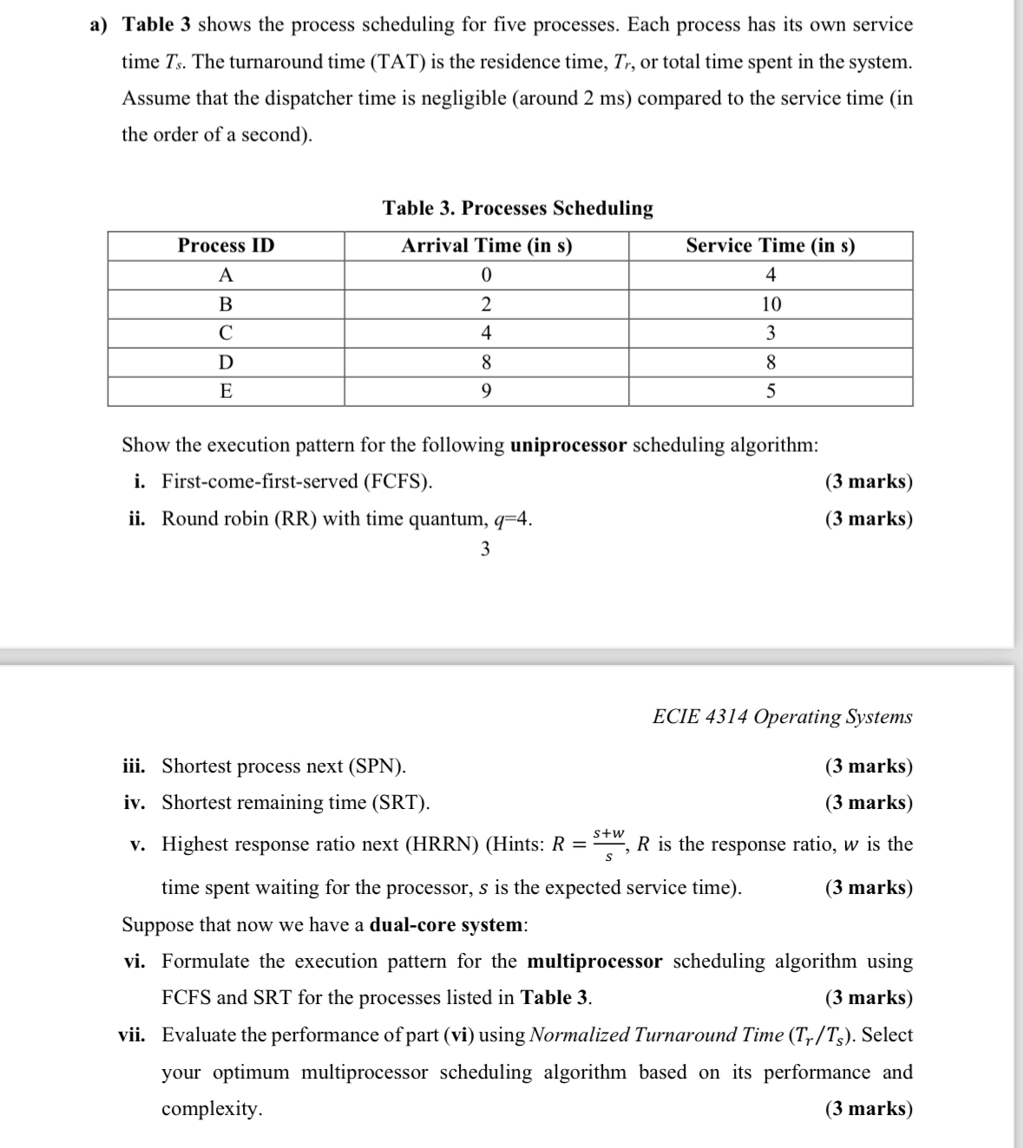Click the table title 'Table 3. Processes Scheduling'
coord(518,208)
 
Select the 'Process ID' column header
coord(226,246)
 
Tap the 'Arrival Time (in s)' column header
coord(486,246)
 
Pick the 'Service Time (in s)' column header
coord(770,246)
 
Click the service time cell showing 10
coord(770,304)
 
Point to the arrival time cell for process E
coord(486,392)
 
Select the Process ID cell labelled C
coord(226,333)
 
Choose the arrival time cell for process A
coord(486,276)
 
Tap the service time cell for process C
coord(770,333)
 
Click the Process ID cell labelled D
coord(226,362)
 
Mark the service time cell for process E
coord(770,392)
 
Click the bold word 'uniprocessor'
coord(568,446)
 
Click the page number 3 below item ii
coord(485,549)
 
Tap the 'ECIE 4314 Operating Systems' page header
coord(782,717)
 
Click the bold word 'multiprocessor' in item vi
coord(594,962)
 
